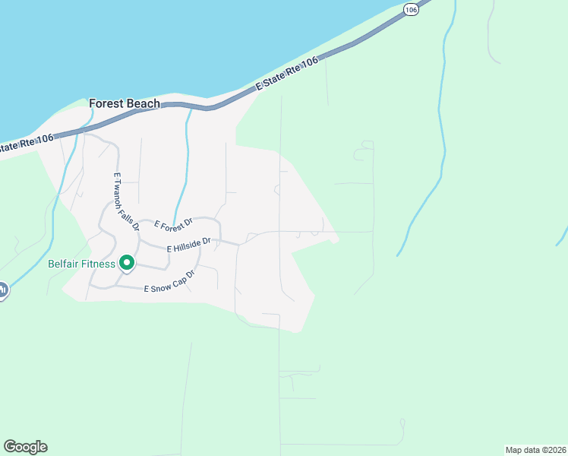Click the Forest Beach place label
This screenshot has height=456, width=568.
[x=125, y=103]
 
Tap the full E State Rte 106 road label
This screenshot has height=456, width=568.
[x=287, y=76]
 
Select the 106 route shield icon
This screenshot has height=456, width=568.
[x=411, y=9]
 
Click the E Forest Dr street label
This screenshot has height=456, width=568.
[x=174, y=223]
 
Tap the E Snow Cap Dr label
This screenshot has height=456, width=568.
[x=165, y=283]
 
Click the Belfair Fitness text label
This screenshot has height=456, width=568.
[x=81, y=264]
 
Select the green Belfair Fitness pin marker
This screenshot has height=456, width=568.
[x=126, y=264]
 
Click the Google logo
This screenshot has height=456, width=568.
[x=25, y=447]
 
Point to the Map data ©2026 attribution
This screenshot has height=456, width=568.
[x=535, y=449]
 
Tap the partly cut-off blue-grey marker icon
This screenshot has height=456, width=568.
[x=2, y=290]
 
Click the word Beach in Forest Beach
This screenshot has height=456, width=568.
[x=144, y=103]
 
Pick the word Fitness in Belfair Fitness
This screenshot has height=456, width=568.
[x=99, y=264]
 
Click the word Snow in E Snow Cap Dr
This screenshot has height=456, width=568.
[x=158, y=287]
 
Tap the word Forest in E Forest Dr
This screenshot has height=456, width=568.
[x=170, y=224]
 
